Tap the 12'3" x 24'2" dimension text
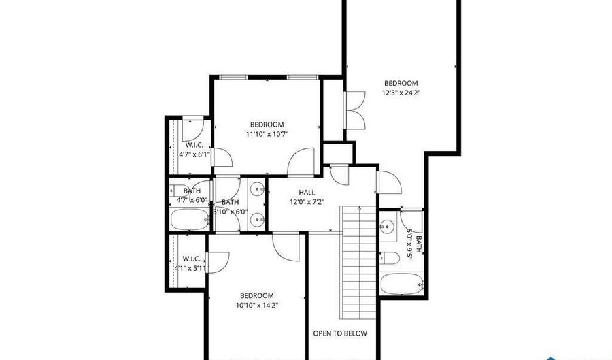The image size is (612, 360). [401, 93]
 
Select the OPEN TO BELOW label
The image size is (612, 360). [339, 333]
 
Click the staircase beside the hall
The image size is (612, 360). [358, 262]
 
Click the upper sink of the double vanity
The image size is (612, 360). [256, 191]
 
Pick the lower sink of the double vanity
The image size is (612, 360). [256, 219]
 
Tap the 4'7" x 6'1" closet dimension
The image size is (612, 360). [194, 154]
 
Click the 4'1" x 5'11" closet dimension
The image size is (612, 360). [190, 268]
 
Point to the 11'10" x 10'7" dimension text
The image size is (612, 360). [267, 134]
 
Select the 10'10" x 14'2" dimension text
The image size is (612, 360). [257, 306]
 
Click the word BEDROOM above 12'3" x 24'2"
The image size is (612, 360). [401, 83]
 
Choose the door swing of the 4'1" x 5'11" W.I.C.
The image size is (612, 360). [218, 262]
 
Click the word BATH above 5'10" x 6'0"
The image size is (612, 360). [230, 202]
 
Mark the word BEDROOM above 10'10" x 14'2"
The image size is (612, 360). [257, 295]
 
